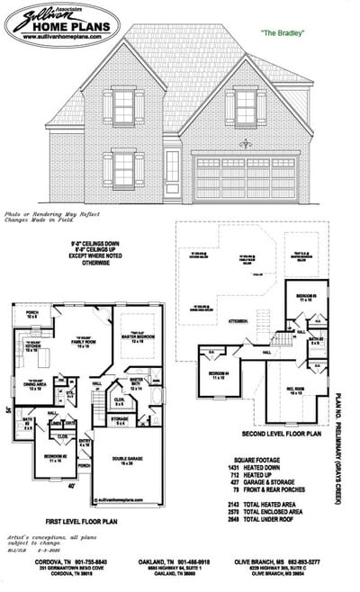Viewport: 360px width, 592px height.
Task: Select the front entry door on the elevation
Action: pyautogui.click(x=173, y=171)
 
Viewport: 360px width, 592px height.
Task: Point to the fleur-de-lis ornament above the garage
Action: pyautogui.click(x=242, y=143)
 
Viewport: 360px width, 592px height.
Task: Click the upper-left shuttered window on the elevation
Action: pyautogui.click(x=122, y=106)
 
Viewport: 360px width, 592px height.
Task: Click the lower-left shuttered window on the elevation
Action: pyautogui.click(x=122, y=168)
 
